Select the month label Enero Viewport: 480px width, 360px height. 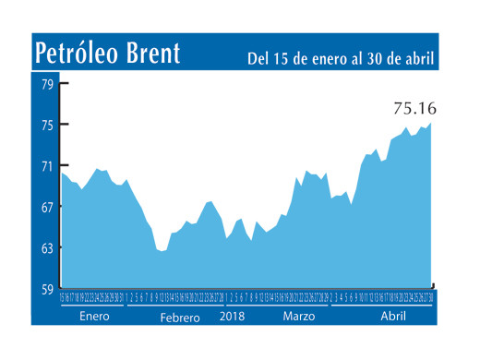point(94,316)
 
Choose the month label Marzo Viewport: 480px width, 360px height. point(298,316)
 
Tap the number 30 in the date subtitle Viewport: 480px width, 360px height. point(374,59)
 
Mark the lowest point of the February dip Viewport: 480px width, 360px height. point(162,250)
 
